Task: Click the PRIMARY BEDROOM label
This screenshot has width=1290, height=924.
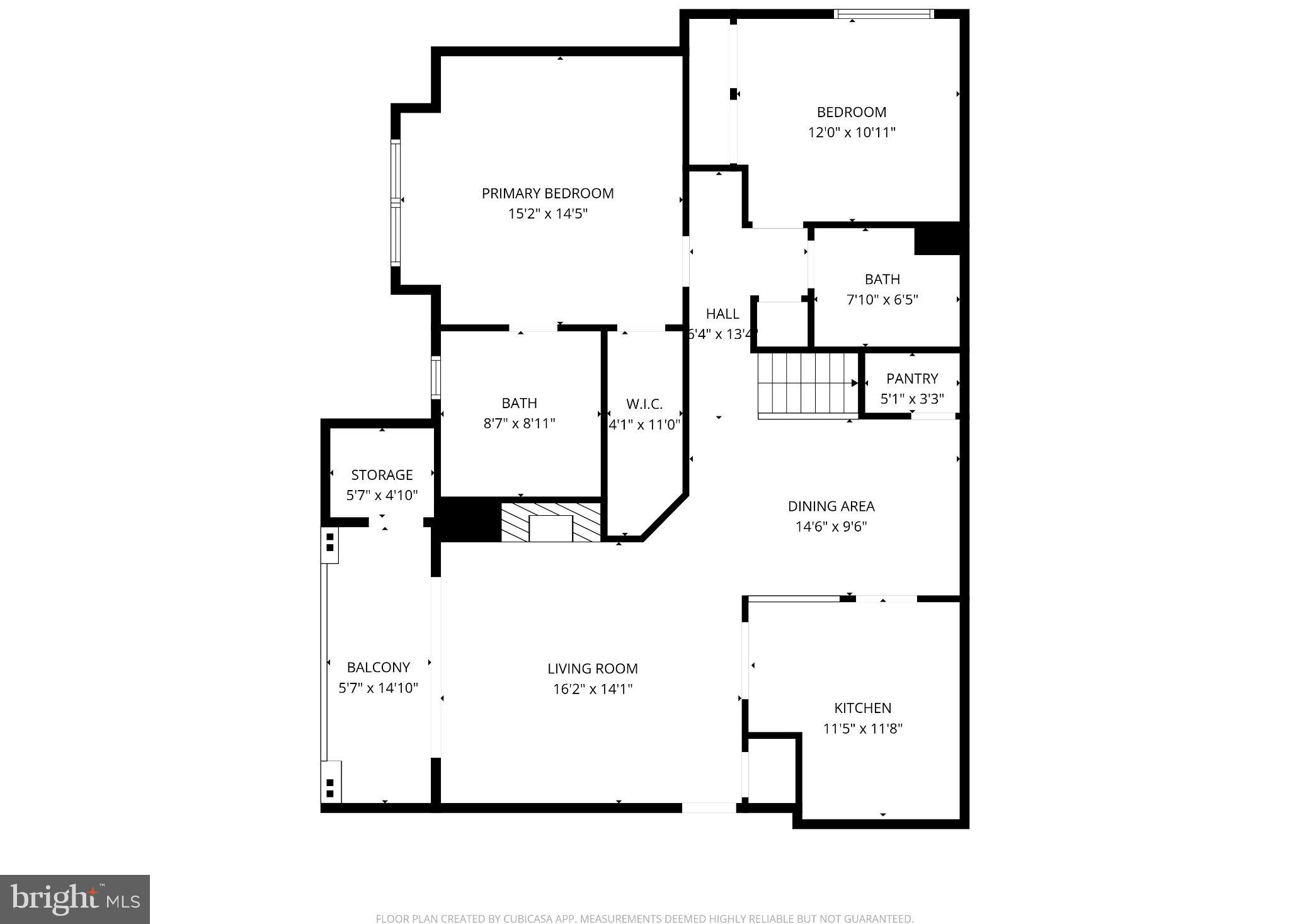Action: click(547, 193)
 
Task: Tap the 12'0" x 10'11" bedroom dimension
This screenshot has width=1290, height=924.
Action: click(852, 133)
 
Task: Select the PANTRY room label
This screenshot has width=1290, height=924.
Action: click(911, 379)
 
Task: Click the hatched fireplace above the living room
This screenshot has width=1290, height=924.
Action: click(551, 522)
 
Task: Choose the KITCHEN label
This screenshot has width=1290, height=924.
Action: click(862, 708)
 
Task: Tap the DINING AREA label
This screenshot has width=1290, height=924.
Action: click(831, 506)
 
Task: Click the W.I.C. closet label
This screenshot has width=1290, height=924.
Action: click(644, 404)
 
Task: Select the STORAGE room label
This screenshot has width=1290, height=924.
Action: click(382, 475)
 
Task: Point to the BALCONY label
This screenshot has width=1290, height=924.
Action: click(378, 667)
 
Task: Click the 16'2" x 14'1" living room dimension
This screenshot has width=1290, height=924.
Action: click(592, 689)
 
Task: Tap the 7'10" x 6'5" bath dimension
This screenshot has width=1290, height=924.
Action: click(882, 300)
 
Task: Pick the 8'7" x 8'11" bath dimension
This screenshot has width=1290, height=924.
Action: click(519, 423)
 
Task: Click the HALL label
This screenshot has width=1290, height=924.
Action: click(722, 314)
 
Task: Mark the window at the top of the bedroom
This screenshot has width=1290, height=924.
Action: click(883, 14)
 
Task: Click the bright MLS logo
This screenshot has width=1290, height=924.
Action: click(75, 899)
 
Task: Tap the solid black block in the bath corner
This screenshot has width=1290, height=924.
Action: click(937, 239)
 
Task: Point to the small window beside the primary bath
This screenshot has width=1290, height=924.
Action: click(435, 377)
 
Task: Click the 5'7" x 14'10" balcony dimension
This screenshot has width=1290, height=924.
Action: click(378, 688)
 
